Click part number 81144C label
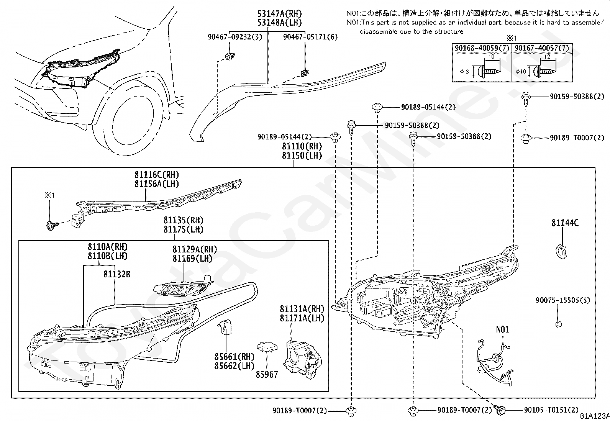point(565,223)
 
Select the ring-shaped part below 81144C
point(561,251)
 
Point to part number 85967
point(267,374)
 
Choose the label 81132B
point(117,274)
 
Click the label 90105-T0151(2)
point(551,410)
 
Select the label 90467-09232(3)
point(235,37)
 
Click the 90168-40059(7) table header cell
point(482,48)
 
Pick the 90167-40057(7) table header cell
point(541,48)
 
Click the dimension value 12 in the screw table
point(547,57)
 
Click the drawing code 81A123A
point(594,416)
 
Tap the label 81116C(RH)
point(157,175)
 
